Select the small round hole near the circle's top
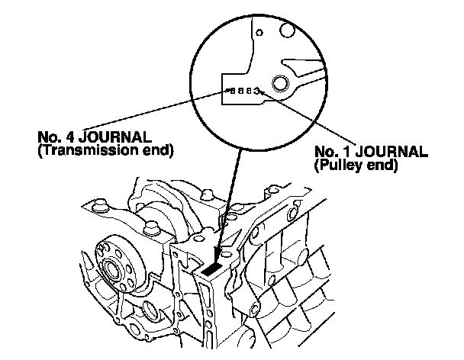click(259, 33)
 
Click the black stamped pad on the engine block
click(214, 268)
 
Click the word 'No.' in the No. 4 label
click(47, 138)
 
